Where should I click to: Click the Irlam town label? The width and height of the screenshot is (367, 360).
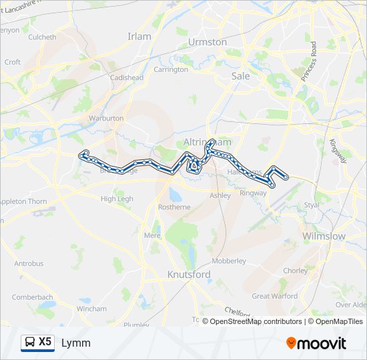140,36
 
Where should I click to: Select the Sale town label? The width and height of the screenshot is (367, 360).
240,76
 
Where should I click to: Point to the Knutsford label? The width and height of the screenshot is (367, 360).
189,275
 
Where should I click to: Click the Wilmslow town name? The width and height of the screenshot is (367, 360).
324,237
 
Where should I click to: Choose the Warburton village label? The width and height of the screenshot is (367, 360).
106,118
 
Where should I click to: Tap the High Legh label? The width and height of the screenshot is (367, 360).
117,199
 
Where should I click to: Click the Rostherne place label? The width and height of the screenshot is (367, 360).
173,207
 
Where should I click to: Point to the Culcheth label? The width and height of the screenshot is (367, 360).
42,37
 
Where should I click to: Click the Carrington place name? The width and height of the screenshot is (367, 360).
171,69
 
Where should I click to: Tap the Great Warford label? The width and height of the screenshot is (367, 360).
274,296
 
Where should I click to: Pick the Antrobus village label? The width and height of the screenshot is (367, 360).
29,263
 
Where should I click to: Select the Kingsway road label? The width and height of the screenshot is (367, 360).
338,151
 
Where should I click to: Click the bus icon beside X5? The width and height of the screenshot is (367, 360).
29,343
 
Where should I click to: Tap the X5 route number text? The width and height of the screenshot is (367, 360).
45,342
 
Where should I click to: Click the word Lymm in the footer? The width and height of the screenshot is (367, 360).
76,343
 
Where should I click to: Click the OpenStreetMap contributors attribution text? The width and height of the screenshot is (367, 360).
255,321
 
